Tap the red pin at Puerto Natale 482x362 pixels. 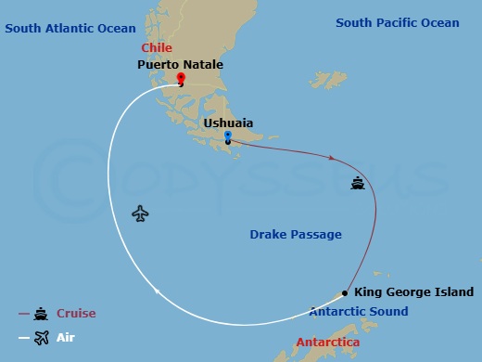[x=181, y=77]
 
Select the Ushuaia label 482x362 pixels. [x=227, y=122]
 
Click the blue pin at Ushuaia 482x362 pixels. [x=227, y=136]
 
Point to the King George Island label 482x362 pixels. [x=413, y=291]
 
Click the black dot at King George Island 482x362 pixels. [x=346, y=291]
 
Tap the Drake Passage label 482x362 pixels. [x=296, y=235]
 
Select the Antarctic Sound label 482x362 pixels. [x=358, y=312]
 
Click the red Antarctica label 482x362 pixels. [x=328, y=343]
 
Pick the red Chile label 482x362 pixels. [x=157, y=47]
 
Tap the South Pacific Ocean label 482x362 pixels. [x=397, y=22]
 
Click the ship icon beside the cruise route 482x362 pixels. [x=358, y=183]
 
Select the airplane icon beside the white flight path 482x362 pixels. [x=140, y=213]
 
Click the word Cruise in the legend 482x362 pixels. [x=76, y=314]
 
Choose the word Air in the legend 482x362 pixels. [x=66, y=338]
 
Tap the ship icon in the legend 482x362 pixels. [x=41, y=314]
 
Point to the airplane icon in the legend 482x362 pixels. [x=41, y=338]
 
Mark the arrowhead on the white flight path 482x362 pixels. [x=158, y=293]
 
